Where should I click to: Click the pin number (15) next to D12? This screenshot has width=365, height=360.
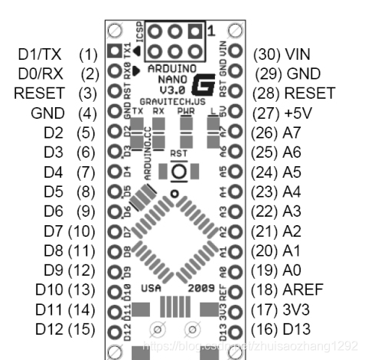pyautogui.click(x=81, y=330)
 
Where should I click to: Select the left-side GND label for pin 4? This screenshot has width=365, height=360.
pyautogui.click(x=47, y=113)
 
